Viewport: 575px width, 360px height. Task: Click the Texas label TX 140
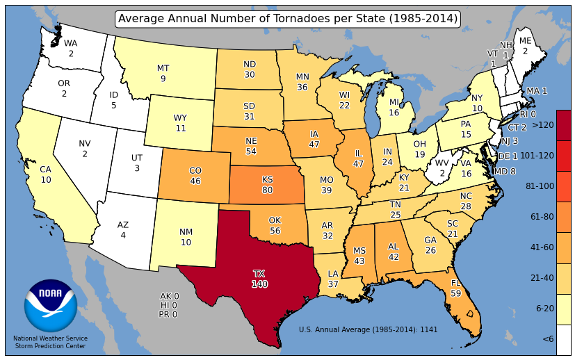pyautogui.click(x=259, y=279)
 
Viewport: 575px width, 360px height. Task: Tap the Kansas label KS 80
pyautogui.click(x=268, y=184)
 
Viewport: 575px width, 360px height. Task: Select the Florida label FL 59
pyautogui.click(x=456, y=288)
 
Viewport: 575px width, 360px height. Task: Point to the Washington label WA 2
pyautogui.click(x=71, y=48)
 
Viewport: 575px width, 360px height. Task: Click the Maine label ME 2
pyautogui.click(x=526, y=46)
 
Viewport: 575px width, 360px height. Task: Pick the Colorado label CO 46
pyautogui.click(x=195, y=176)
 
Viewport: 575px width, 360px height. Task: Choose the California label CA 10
pyautogui.click(x=46, y=174)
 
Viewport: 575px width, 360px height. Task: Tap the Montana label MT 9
pyautogui.click(x=163, y=74)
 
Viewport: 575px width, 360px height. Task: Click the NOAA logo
pyautogui.click(x=50, y=306)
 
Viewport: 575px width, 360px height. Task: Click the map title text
pyautogui.click(x=288, y=19)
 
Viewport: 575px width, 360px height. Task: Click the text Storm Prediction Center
pyautogui.click(x=50, y=346)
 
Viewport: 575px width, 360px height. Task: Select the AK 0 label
pyautogui.click(x=169, y=296)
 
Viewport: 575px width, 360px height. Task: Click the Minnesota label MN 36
pyautogui.click(x=302, y=82)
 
